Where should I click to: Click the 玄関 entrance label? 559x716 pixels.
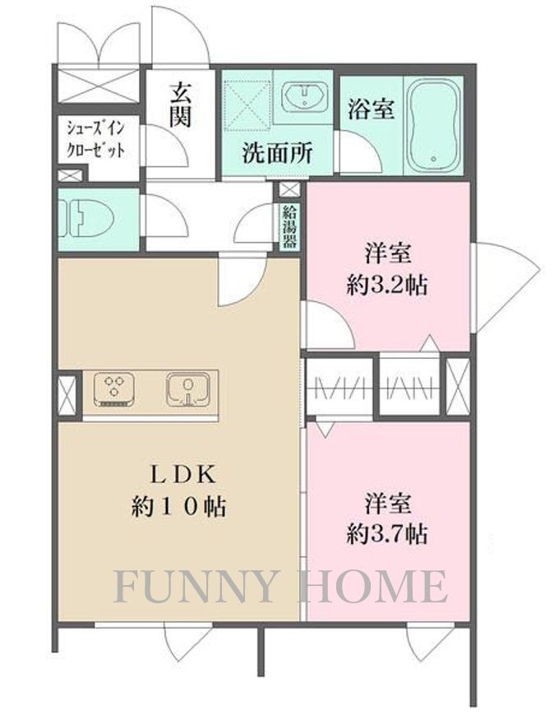coord(181,105)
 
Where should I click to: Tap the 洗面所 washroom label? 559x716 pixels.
coord(276,152)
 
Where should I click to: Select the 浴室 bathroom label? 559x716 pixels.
coord(371,109)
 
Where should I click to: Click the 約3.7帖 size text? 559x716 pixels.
coord(386,534)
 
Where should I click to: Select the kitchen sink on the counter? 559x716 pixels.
coord(188,388)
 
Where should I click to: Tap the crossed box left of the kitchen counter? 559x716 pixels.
coord(68,396)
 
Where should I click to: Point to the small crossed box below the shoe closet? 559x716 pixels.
coord(71,175)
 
